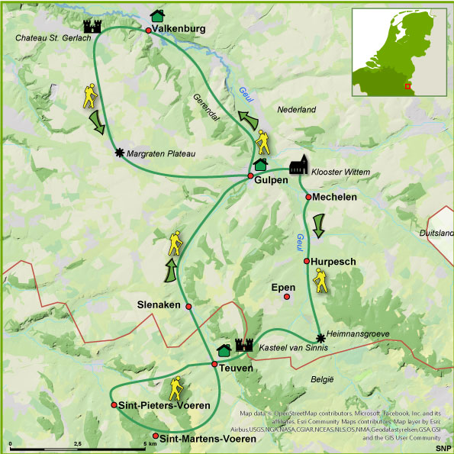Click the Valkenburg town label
(x=180, y=30)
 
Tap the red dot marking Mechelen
(x=309, y=197)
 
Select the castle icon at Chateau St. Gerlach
(x=93, y=26)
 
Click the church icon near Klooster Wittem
(x=298, y=169)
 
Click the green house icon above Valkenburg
(x=158, y=14)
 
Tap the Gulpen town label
(x=272, y=180)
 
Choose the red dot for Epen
(x=287, y=296)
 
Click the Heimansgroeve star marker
(x=320, y=337)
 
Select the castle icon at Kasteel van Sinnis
(x=244, y=346)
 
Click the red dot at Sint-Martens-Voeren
(x=156, y=436)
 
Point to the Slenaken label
(x=158, y=304)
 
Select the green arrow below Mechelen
(x=318, y=224)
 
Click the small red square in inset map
(x=407, y=86)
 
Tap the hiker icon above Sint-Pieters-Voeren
(x=176, y=388)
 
